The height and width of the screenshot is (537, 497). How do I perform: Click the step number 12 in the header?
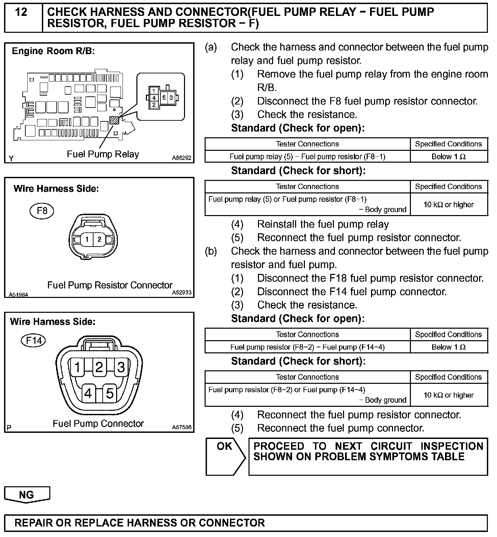tap(21, 13)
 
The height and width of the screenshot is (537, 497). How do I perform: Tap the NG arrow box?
tap(27, 495)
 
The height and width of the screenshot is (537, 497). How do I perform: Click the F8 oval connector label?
tap(42, 211)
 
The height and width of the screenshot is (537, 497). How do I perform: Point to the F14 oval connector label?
tap(33, 340)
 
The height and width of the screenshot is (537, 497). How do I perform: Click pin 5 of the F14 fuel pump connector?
tap(110, 393)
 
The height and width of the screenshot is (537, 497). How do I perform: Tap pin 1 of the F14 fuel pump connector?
tap(77, 367)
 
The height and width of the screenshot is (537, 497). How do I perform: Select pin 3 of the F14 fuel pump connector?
tap(121, 367)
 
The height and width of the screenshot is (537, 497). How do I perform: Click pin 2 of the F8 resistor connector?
tap(99, 240)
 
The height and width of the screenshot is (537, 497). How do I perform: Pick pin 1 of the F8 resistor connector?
tap(87, 240)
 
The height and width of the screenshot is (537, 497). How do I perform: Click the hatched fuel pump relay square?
tap(114, 120)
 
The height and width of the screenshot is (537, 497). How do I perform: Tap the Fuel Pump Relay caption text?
tap(103, 154)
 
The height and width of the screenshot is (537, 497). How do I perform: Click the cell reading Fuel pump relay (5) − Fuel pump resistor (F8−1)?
tap(307, 157)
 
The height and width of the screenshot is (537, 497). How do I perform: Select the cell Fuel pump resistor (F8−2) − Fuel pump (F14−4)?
tap(307, 347)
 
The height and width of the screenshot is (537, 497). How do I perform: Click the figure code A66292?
tap(181, 158)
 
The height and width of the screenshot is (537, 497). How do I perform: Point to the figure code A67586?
tap(181, 427)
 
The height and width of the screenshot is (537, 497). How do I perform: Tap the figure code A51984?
tap(18, 295)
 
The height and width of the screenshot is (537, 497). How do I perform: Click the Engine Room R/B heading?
tap(53, 51)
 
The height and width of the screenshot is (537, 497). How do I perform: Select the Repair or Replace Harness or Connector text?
tap(139, 523)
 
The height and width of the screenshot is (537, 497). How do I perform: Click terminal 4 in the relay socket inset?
tap(154, 98)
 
